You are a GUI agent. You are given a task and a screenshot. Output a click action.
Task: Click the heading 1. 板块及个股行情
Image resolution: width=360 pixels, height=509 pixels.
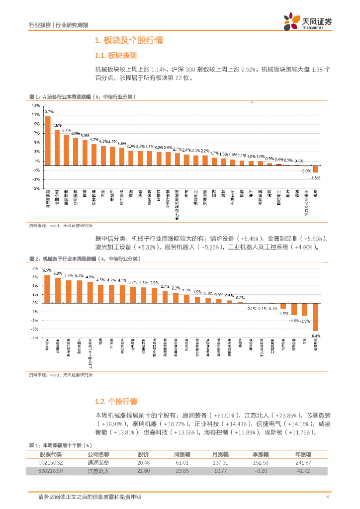pos(129,40)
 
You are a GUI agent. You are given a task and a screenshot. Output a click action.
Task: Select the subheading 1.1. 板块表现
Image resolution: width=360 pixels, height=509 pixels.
pos(115,55)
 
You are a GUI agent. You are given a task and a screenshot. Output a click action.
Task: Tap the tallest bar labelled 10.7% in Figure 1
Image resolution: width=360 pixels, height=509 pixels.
pos(48,141)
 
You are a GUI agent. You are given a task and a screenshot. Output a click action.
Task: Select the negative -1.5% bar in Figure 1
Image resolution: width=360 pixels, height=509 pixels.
pos(315,169)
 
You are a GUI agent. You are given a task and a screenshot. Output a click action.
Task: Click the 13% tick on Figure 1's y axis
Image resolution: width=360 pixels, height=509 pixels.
pos(36,105)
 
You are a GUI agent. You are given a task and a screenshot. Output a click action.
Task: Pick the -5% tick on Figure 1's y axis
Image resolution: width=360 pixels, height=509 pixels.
pos(36,188)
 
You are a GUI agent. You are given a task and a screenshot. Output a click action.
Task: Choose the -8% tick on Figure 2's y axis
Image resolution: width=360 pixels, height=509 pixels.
pos(35,338)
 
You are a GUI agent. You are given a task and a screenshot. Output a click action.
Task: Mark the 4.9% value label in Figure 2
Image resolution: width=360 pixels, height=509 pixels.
pos(90,276)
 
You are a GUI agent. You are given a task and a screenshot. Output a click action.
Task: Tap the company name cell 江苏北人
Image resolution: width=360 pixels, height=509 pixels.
pos(98,471)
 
